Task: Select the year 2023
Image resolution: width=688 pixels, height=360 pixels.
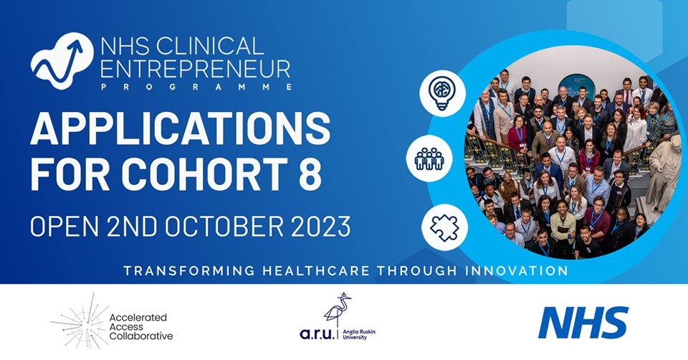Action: [x=318, y=227]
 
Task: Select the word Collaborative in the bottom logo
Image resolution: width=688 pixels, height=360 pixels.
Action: [x=143, y=336]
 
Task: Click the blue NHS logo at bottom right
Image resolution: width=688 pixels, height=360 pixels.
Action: [x=583, y=322]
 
